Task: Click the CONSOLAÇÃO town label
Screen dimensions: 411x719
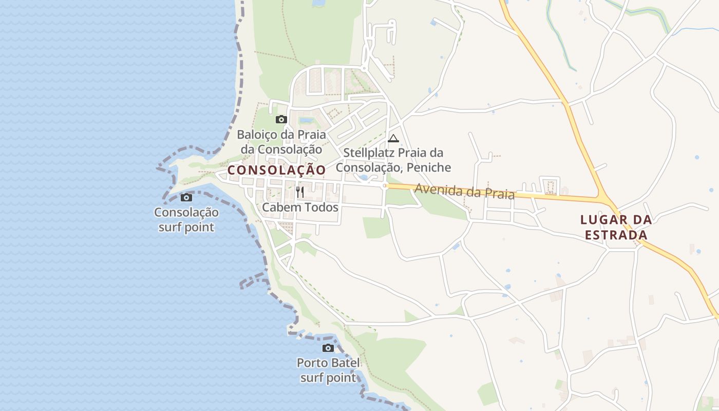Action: coord(276,170)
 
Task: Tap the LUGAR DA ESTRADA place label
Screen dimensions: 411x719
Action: coord(616,227)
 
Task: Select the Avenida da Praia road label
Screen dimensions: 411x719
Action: coord(464,191)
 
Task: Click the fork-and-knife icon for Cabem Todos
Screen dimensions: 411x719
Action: coord(300,192)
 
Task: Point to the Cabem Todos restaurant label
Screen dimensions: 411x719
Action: coord(300,207)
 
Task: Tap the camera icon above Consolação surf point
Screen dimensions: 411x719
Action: coord(186,197)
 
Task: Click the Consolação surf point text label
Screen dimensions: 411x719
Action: coord(186,219)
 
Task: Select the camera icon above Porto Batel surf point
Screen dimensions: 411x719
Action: coord(328,348)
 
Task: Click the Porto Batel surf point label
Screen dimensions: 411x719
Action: coord(328,370)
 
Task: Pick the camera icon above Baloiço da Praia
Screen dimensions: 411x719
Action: coord(281,120)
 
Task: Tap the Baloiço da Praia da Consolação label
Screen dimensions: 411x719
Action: coord(281,142)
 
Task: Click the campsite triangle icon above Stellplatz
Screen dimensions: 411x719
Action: coord(393,138)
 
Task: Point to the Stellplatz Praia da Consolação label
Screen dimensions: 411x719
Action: coord(393,160)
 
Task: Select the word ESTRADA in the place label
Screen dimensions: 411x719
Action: coord(616,235)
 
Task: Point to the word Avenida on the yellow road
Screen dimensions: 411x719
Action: coord(434,189)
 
